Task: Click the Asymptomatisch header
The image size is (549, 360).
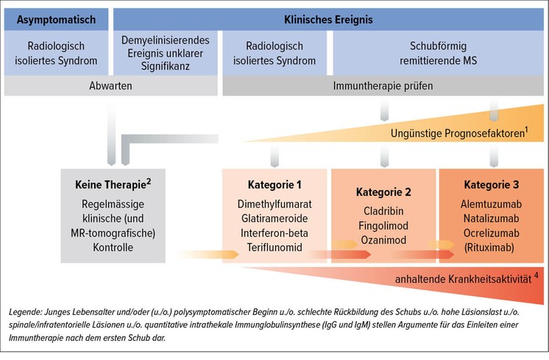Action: tap(56, 20)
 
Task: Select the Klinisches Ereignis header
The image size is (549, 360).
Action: tap(328, 20)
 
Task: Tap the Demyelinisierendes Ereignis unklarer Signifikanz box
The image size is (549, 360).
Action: tap(166, 53)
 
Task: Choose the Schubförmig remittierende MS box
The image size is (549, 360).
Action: tap(439, 53)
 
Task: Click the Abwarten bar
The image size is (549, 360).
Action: tap(110, 86)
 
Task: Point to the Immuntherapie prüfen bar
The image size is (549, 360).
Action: tap(383, 86)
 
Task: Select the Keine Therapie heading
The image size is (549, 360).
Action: tap(113, 184)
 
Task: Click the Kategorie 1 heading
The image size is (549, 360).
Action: tap(274, 185)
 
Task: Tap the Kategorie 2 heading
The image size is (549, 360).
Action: tap(383, 192)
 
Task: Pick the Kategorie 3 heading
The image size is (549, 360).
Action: tap(491, 185)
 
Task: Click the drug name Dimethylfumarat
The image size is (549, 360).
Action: tap(274, 204)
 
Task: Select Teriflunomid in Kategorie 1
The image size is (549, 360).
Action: tap(274, 247)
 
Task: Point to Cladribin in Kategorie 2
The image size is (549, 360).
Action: tap(383, 211)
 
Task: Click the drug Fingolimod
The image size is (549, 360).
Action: tap(383, 225)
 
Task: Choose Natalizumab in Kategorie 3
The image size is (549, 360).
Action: tap(491, 219)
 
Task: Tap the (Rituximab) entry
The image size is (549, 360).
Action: tap(489, 247)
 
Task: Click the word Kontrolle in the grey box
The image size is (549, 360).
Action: tap(113, 247)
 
